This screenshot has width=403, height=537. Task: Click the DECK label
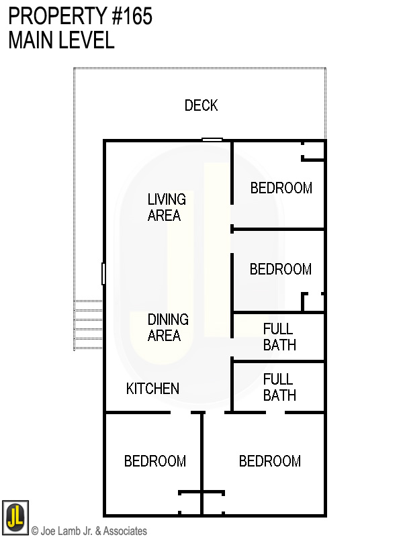[x=201, y=105]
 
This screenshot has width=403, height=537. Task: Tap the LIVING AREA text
[x=166, y=207]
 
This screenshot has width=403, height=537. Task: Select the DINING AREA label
[x=167, y=328]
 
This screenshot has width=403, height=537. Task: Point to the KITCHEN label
[x=152, y=389]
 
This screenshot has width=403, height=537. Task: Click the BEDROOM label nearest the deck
[x=281, y=188]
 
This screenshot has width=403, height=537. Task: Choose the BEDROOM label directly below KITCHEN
[x=154, y=461]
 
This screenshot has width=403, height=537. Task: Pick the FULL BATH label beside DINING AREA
[x=279, y=337]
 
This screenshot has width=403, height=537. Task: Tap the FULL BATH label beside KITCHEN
[x=279, y=387]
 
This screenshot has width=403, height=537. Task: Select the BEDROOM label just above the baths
[x=280, y=269]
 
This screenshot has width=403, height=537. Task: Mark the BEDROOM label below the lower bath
[x=269, y=461]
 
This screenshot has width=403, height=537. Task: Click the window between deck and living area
[x=212, y=140]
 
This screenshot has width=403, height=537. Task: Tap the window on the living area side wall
[x=103, y=273]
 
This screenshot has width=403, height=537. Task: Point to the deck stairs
[x=88, y=324]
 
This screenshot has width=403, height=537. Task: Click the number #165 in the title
[x=132, y=16]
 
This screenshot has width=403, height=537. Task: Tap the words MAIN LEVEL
[x=61, y=40]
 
